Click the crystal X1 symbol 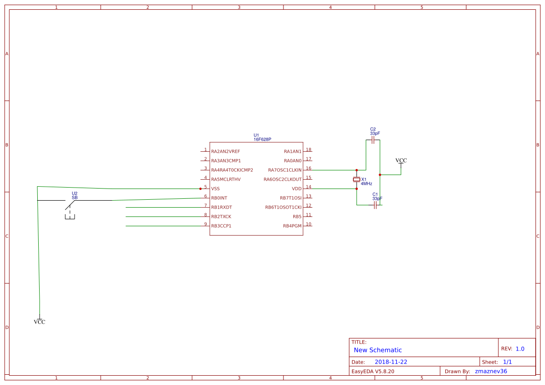[x=357, y=180]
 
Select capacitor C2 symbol [x=373, y=140]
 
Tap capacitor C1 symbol [x=375, y=205]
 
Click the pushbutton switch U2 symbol [x=70, y=205]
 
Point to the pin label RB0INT [x=219, y=198]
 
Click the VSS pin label [x=215, y=189]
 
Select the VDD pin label [x=297, y=189]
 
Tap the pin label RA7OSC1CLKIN [x=284, y=170]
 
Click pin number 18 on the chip [x=309, y=150]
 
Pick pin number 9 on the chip [x=205, y=224]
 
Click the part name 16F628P [x=262, y=139]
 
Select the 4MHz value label [x=366, y=184]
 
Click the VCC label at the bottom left [x=40, y=322]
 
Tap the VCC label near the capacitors [x=401, y=161]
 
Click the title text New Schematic [x=378, y=350]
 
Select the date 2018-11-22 [x=391, y=362]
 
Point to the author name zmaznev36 [x=490, y=371]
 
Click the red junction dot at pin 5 [x=200, y=189]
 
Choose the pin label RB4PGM [x=292, y=226]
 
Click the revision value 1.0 [x=520, y=349]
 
